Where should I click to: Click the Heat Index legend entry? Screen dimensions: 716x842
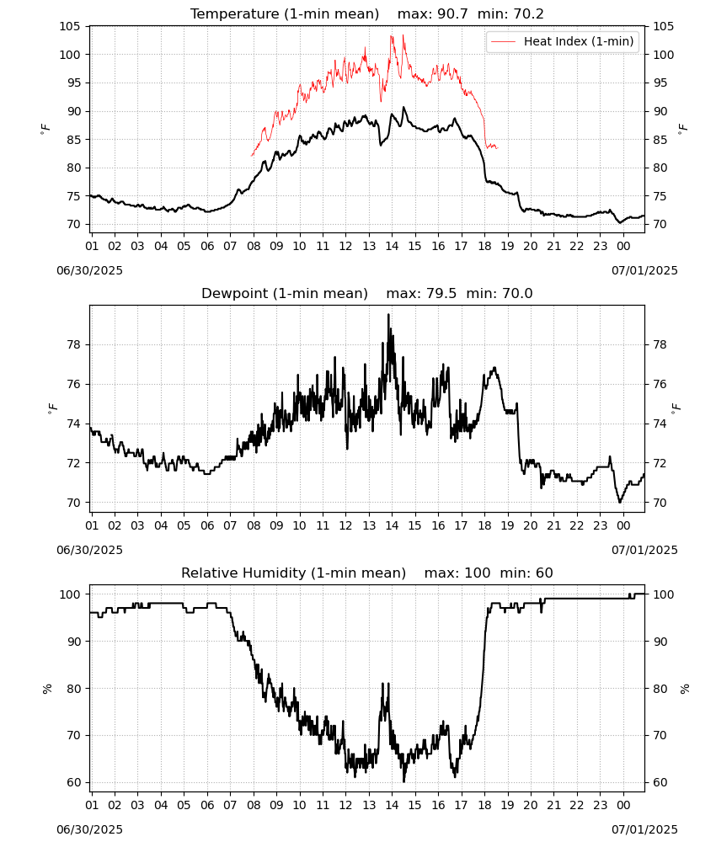click(x=563, y=41)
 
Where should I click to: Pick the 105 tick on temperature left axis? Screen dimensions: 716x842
click(x=70, y=26)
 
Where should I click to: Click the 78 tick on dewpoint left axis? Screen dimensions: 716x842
click(x=73, y=344)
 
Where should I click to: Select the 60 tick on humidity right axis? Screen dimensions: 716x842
click(x=660, y=782)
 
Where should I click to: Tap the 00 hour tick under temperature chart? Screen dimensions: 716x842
click(x=623, y=246)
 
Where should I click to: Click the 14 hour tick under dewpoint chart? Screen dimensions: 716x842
click(x=392, y=525)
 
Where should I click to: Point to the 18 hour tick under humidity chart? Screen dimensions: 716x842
click(x=484, y=806)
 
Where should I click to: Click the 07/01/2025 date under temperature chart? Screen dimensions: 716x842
click(x=644, y=270)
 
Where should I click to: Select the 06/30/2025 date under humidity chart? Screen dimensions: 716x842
click(x=89, y=830)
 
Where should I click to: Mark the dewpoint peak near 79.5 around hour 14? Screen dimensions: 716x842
click(x=388, y=315)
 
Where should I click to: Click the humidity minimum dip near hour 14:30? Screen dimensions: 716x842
click(x=404, y=781)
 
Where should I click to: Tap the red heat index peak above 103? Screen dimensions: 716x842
click(x=403, y=36)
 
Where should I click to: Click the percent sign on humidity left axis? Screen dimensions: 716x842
click(x=47, y=689)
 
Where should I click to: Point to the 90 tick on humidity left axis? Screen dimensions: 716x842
click(x=73, y=642)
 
